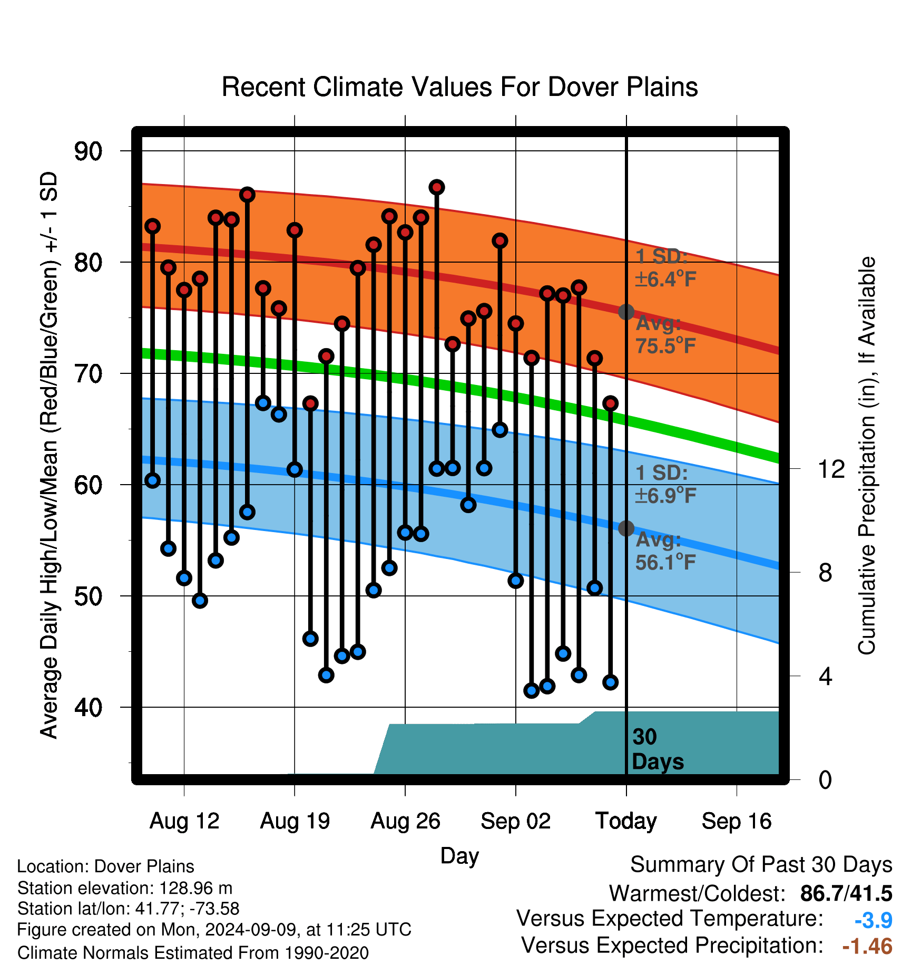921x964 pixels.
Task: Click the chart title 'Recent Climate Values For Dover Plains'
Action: pyautogui.click(x=459, y=87)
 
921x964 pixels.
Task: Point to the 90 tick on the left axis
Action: pyautogui.click(x=88, y=151)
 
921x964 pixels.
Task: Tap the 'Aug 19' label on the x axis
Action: pyautogui.click(x=295, y=821)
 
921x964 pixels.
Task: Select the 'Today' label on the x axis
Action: pyautogui.click(x=626, y=822)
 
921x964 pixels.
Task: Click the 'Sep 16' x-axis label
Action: pyautogui.click(x=737, y=822)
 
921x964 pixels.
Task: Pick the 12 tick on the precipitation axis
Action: pyautogui.click(x=831, y=469)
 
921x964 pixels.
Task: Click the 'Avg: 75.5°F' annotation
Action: pyautogui.click(x=665, y=334)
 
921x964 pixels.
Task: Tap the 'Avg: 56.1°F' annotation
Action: pyautogui.click(x=665, y=551)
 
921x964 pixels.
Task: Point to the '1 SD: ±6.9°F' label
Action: pyautogui.click(x=665, y=484)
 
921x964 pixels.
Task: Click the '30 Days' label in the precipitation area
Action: pyautogui.click(x=658, y=749)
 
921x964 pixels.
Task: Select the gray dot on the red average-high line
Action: pyautogui.click(x=626, y=312)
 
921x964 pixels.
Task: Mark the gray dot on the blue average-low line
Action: pyautogui.click(x=626, y=528)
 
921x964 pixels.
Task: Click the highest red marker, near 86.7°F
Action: pyautogui.click(x=437, y=187)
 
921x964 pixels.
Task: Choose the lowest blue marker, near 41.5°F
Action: pyautogui.click(x=531, y=690)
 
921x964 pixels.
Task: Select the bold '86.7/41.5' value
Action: pyautogui.click(x=846, y=894)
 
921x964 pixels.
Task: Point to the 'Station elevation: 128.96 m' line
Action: pyautogui.click(x=125, y=888)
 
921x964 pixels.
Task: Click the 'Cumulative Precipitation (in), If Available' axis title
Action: pyautogui.click(x=867, y=456)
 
